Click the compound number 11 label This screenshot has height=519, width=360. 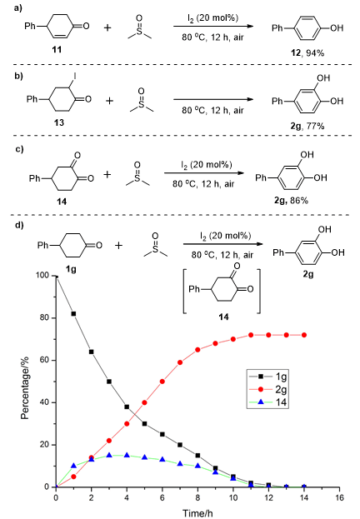click(57, 49)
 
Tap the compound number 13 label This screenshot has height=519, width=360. click(59, 122)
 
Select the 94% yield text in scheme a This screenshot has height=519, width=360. click(315, 53)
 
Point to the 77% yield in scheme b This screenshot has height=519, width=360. click(315, 126)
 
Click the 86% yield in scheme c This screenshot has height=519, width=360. click(299, 200)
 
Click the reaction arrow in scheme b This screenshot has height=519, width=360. click(213, 99)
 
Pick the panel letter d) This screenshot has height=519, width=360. click(19, 225)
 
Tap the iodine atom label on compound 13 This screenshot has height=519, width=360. click(75, 77)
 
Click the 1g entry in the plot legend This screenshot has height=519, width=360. click(281, 377)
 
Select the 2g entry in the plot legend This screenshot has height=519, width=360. click(281, 390)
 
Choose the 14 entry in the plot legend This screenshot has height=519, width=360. click(281, 402)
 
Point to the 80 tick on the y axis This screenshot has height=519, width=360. click(44, 317)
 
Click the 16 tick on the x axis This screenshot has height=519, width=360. click(339, 497)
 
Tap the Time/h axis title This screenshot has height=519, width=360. click(197, 513)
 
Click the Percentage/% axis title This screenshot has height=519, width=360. click(25, 388)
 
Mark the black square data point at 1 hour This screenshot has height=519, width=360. click(73, 313)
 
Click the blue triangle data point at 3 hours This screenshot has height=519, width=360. click(109, 455)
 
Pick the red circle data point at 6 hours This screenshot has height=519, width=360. click(162, 382)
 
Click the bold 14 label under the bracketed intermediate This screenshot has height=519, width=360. click(223, 317)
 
